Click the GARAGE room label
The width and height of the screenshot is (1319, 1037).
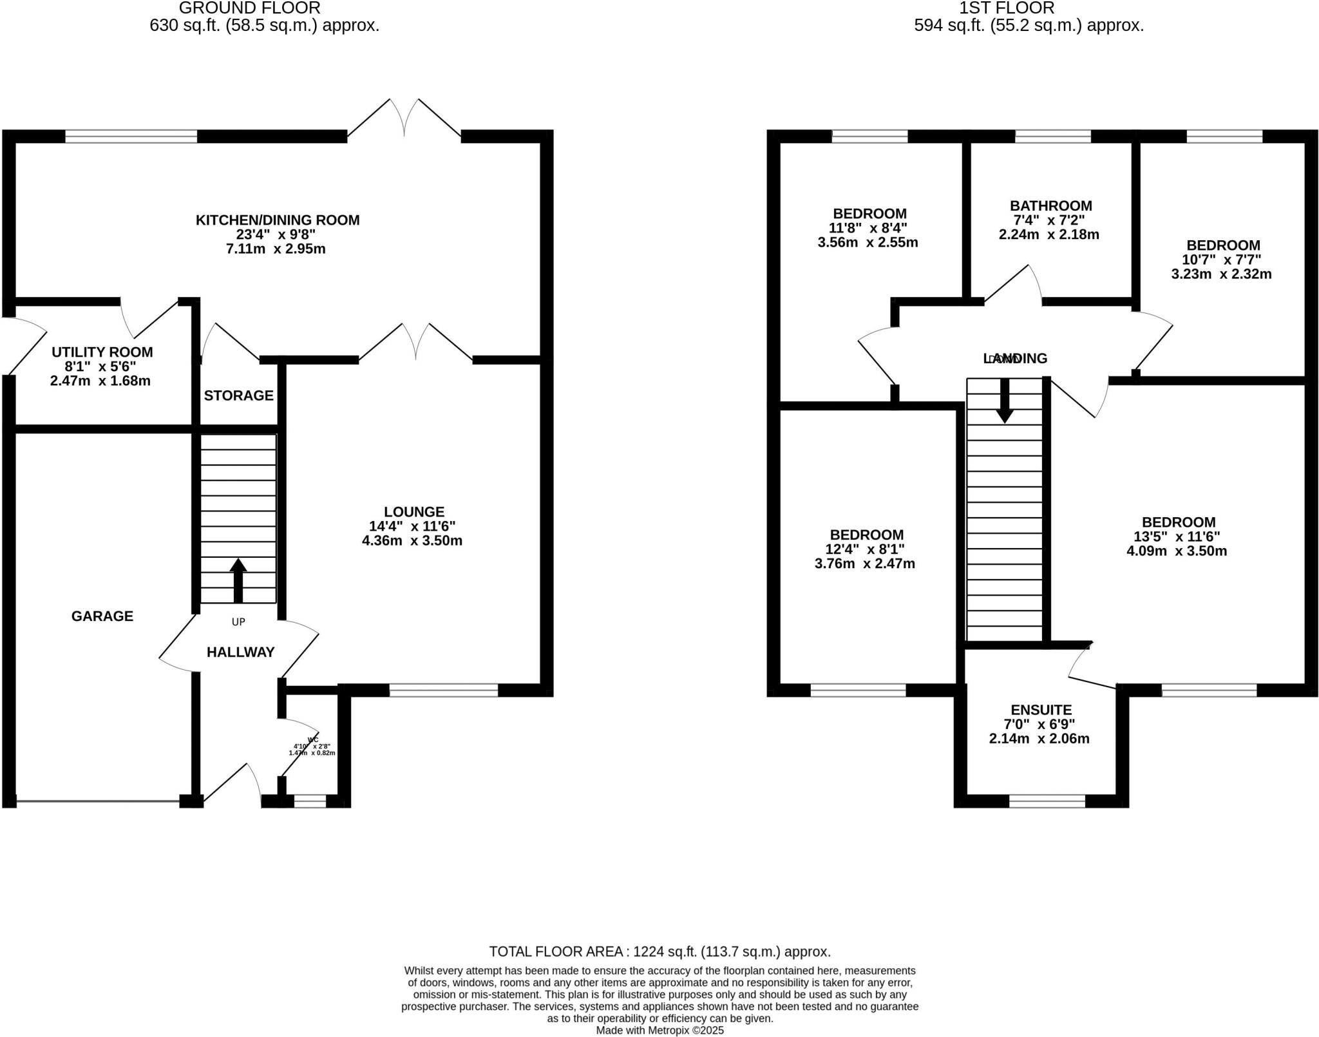tap(102, 616)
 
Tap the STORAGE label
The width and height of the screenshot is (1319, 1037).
tap(238, 395)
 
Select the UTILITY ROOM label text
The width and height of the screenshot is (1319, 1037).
tap(102, 352)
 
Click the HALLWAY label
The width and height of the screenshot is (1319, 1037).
tap(240, 652)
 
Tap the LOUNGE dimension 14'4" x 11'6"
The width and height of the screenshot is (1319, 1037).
tap(412, 526)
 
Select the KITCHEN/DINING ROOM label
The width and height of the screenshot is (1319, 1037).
tap(278, 220)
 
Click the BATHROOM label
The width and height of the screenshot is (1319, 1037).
tap(1050, 206)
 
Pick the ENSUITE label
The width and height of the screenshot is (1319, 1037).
tap(1041, 710)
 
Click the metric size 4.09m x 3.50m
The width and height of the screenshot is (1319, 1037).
tap(1176, 551)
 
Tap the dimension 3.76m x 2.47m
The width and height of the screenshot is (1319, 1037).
tap(864, 564)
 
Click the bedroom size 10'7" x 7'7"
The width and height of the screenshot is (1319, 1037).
tap(1222, 260)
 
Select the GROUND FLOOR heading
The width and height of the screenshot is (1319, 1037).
tap(249, 8)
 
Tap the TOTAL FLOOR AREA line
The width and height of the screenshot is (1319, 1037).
tap(659, 951)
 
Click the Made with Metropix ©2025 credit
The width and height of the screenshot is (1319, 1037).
tap(659, 1031)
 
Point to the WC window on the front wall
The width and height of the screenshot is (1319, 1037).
tap(310, 801)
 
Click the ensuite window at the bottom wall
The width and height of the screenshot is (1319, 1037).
tap(1047, 801)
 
